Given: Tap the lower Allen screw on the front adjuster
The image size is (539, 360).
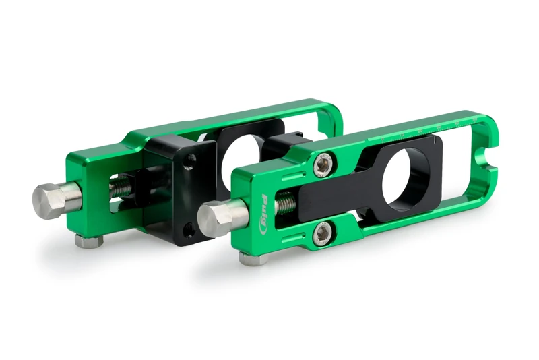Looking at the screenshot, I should (x=322, y=233).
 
